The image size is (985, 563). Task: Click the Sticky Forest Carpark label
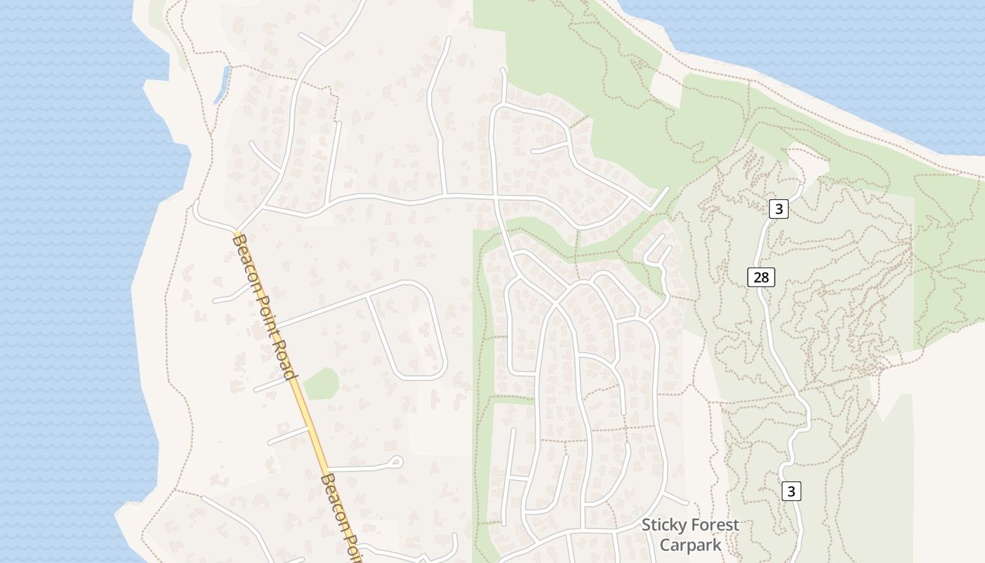[x=690, y=535]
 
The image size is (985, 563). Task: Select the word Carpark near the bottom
[x=690, y=545]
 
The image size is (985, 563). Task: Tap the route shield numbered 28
[x=761, y=277]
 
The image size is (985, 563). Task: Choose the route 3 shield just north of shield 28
[x=778, y=209]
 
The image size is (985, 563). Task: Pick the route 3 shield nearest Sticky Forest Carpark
[x=792, y=491]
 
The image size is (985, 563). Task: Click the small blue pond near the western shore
[x=222, y=83]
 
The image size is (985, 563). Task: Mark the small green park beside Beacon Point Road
[x=322, y=383]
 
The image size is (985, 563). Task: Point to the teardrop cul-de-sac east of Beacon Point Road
[x=395, y=462]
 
